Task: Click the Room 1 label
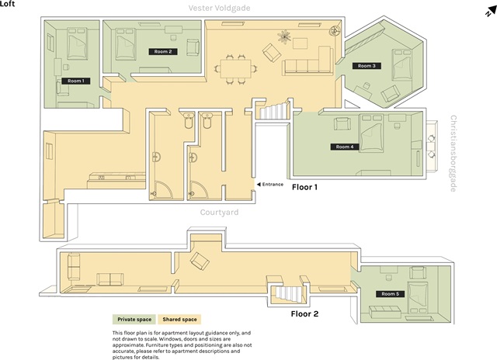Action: tap(76, 81)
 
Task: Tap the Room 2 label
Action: tap(163, 52)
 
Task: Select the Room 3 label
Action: tap(367, 66)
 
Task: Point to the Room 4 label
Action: tap(345, 147)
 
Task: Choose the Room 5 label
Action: tap(390, 294)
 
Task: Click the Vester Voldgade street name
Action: tap(219, 8)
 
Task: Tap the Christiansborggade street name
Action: tap(454, 154)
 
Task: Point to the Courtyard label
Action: tap(219, 212)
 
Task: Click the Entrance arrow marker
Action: tap(259, 185)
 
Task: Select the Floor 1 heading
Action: tap(304, 187)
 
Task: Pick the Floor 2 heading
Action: tap(304, 313)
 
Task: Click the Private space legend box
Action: tap(134, 320)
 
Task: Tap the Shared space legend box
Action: tap(179, 320)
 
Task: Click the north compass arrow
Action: tap(491, 11)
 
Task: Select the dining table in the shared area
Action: tap(236, 69)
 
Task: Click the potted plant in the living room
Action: tap(284, 36)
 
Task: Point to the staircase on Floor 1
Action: tap(273, 110)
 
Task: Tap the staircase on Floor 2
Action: tap(288, 294)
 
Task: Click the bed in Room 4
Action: tap(371, 133)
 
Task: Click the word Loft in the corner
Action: tap(7, 4)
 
